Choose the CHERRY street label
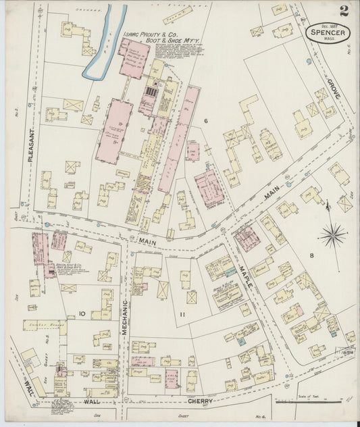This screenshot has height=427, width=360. (201, 401)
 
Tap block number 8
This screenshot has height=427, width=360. (311, 255)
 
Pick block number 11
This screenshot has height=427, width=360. (182, 314)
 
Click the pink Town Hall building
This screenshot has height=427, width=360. (209, 186)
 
